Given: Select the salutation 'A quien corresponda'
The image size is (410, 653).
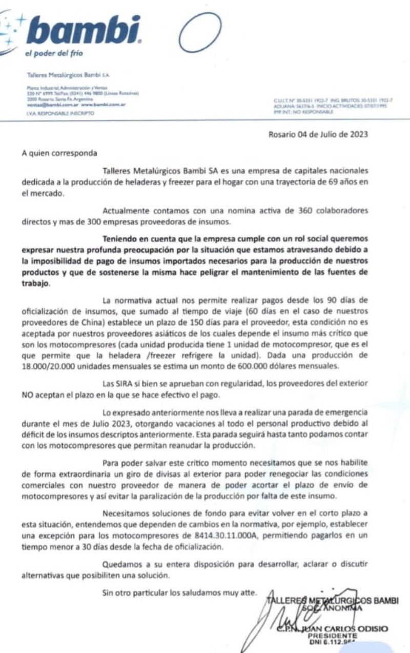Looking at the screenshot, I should (x=58, y=153).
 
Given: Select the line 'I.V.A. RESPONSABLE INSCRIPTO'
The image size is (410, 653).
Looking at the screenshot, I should (x=60, y=113).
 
